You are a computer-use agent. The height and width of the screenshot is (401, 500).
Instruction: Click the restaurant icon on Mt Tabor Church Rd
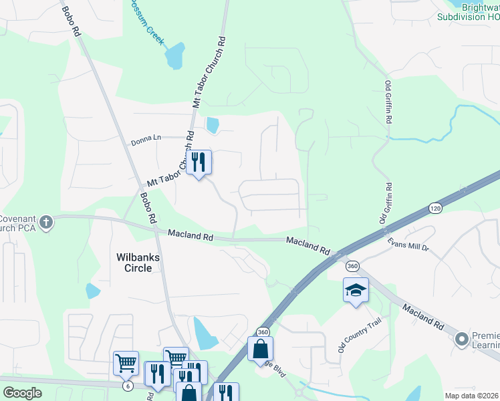coord(199,162)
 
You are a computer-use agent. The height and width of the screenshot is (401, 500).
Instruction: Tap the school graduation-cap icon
coord(356,291)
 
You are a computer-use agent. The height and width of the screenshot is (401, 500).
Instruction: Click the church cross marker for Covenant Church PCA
coord(45,223)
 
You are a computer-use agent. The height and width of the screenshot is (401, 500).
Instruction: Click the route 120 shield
coord(436,209)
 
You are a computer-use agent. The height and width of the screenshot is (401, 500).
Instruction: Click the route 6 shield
coord(127,386)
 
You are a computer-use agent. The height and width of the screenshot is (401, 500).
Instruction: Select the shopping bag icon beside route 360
coord(260,349)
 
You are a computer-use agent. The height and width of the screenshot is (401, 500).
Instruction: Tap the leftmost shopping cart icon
coord(126,364)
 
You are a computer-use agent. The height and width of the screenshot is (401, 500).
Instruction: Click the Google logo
coord(22,393)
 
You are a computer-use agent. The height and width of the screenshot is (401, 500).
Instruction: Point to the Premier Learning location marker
coord(461,340)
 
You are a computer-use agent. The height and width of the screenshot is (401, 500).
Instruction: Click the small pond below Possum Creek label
coord(175,57)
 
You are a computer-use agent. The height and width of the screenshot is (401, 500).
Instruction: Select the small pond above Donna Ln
coord(213,124)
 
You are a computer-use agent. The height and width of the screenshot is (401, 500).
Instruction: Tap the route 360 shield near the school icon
coord(353,267)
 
